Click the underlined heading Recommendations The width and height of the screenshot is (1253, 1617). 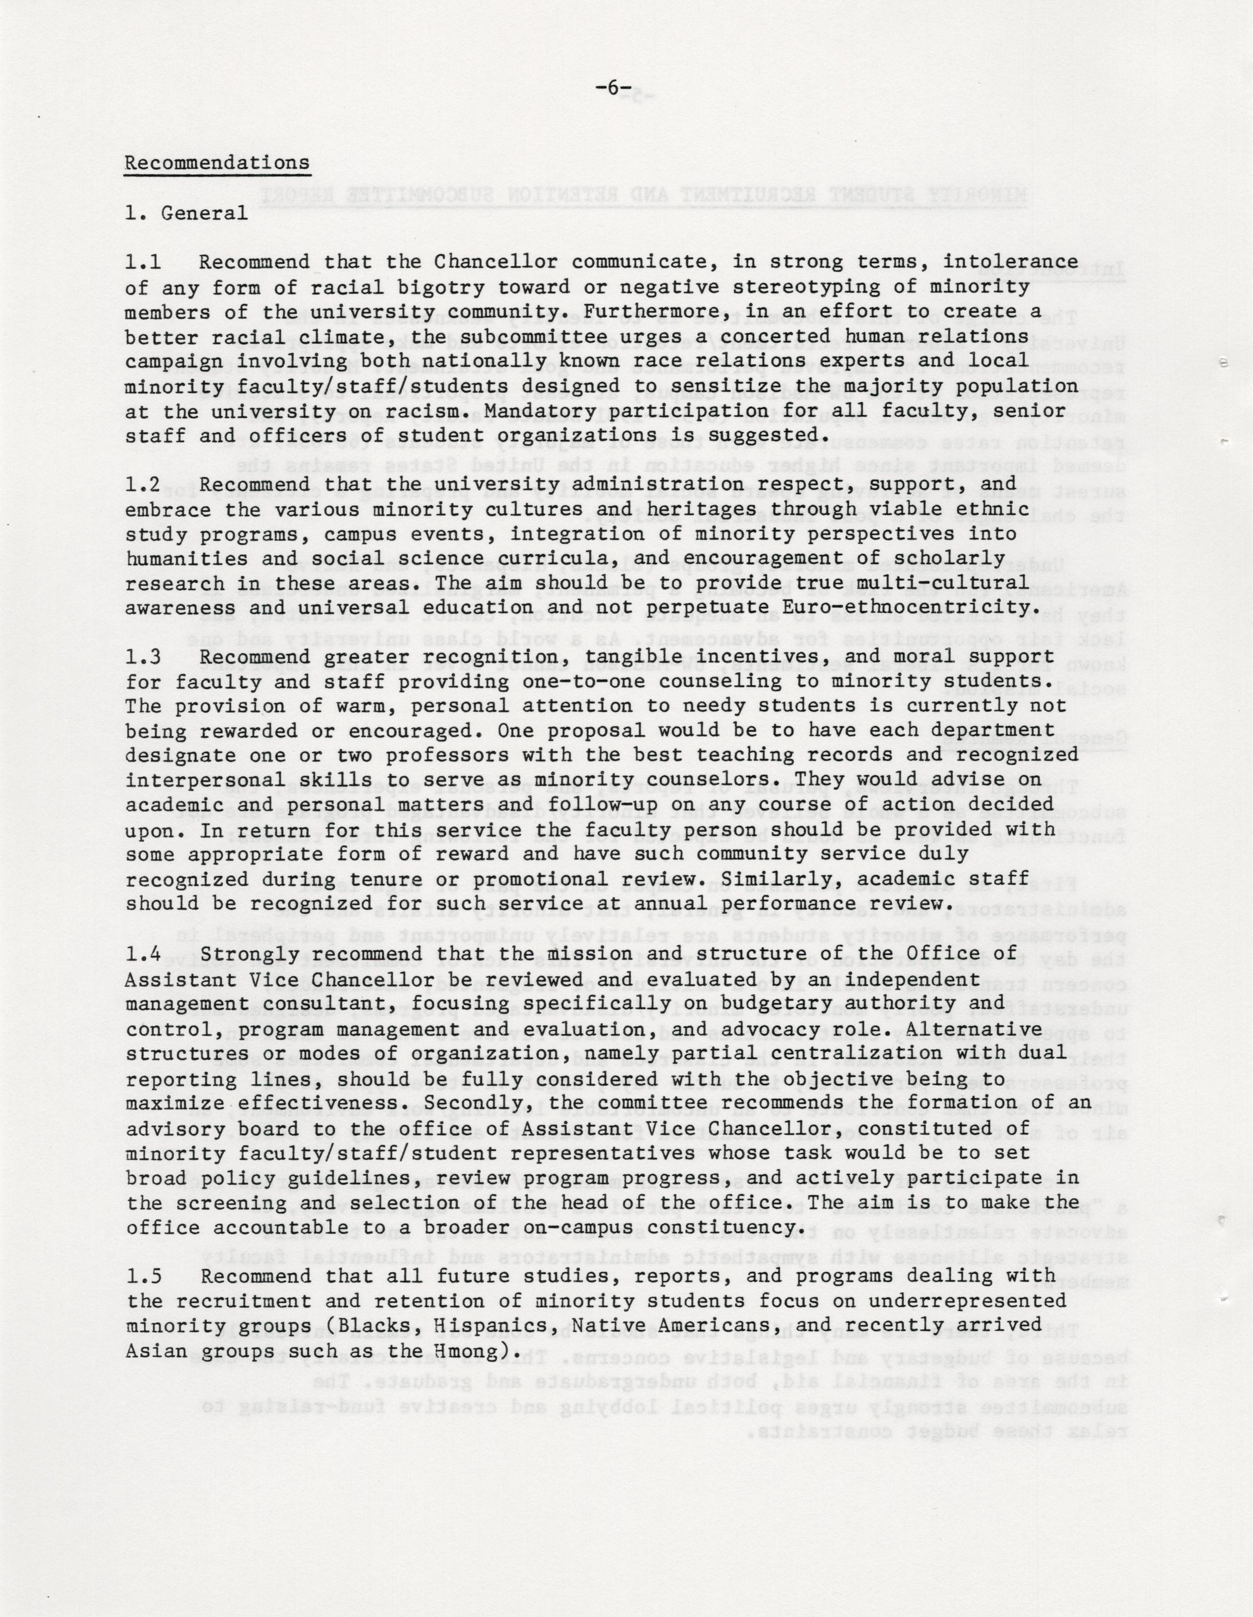coord(217,163)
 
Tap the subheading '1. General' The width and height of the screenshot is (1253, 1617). coord(187,213)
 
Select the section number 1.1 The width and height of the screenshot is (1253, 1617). coord(144,263)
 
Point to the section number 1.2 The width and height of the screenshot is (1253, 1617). coord(144,485)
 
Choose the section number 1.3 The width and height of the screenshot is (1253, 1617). coord(144,657)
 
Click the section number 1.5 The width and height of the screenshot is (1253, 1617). coord(144,1276)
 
